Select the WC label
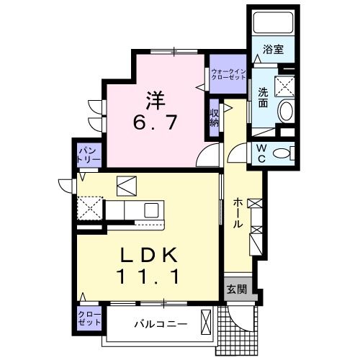tap(263, 153)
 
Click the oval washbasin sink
tap(286, 110)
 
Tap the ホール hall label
tap(237, 214)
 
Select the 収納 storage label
tap(215, 117)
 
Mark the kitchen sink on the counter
tap(151, 210)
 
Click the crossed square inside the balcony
tap(206, 321)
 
